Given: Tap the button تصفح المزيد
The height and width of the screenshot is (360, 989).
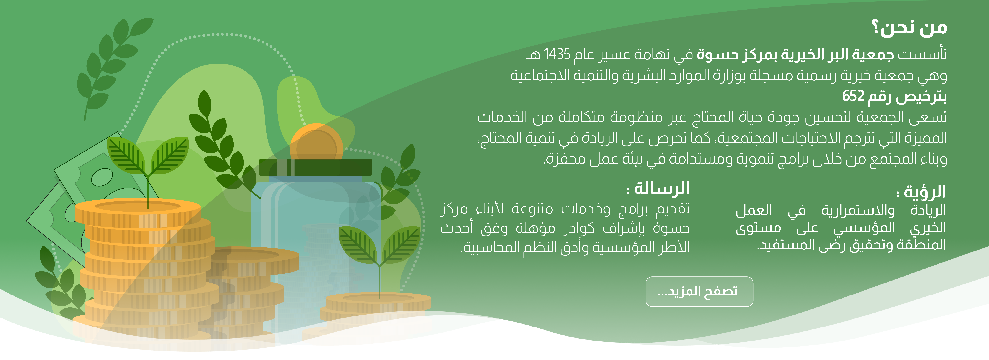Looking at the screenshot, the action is [699, 291].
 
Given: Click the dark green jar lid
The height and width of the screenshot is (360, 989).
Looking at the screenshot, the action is [316, 167].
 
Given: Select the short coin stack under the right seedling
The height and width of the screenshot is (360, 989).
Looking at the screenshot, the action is [378, 307].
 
